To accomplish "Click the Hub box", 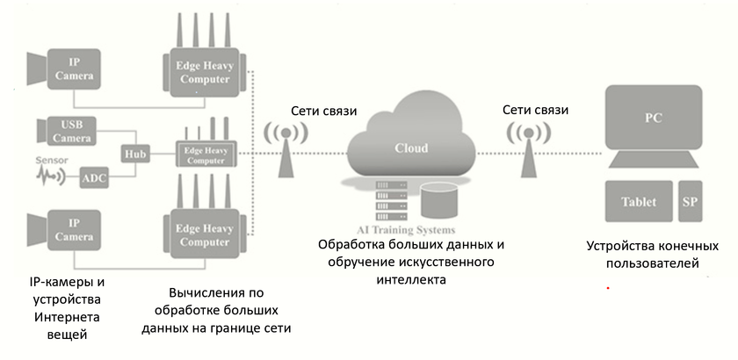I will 135,153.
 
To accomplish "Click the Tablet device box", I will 639,201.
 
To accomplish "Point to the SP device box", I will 691,201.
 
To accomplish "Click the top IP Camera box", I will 74,68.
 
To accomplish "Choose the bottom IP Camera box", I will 74,230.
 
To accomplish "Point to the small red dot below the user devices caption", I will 606,287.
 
